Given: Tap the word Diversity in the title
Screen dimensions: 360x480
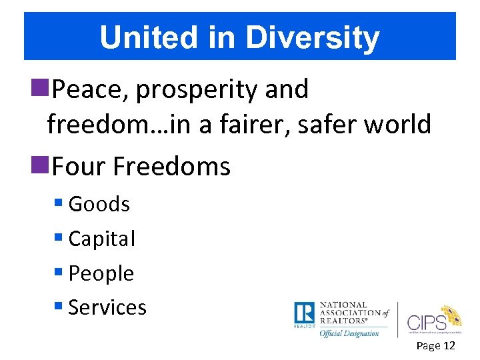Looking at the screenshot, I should (313, 38).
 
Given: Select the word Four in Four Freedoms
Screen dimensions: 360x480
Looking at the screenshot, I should (79, 166).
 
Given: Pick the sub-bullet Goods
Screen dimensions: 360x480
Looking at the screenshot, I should (99, 204).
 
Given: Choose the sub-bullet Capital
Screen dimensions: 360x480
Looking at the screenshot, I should (101, 239).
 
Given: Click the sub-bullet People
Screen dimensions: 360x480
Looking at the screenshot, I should (101, 273).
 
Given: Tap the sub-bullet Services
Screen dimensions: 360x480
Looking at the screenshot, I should (107, 307).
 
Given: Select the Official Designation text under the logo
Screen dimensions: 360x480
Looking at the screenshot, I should (349, 333).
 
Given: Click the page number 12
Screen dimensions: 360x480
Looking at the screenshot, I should (449, 345).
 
